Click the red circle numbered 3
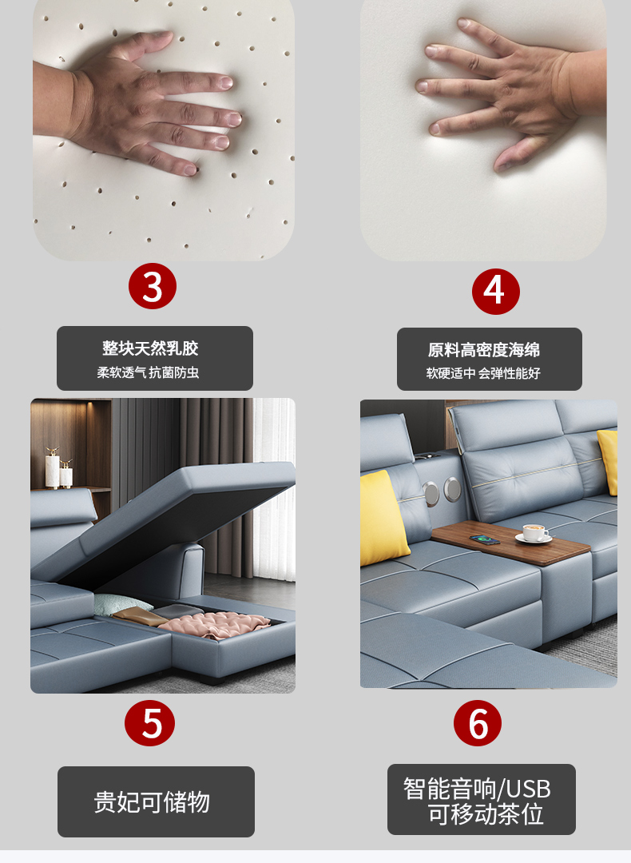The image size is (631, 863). click(153, 286)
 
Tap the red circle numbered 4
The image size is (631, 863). click(496, 292)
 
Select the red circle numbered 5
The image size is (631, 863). click(149, 722)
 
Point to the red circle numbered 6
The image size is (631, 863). click(478, 722)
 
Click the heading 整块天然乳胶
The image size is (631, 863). click(150, 348)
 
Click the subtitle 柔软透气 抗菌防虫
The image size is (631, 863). click(148, 372)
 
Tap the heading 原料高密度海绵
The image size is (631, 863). click(484, 350)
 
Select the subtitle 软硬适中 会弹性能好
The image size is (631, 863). click(483, 374)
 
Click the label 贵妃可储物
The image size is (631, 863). click(152, 802)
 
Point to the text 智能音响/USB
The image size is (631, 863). click(477, 789)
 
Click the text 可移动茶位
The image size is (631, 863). click(486, 814)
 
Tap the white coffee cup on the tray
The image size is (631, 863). click(534, 532)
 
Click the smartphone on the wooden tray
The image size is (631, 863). click(485, 539)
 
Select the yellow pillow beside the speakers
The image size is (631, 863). click(383, 518)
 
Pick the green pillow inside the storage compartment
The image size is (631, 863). click(121, 604)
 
